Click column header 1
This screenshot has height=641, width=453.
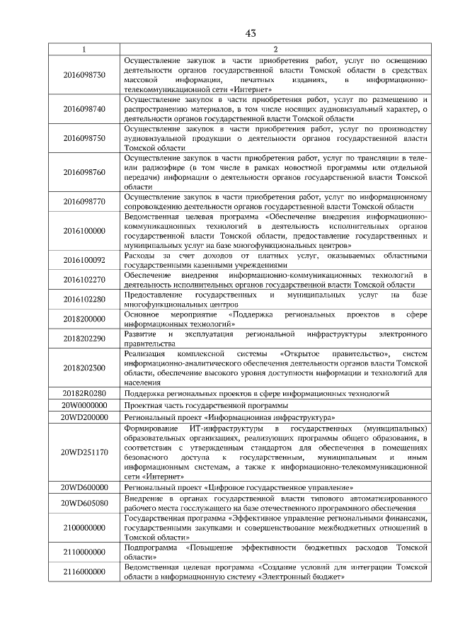[84, 49]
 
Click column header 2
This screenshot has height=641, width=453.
[275, 49]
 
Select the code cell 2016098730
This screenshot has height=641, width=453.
[84, 74]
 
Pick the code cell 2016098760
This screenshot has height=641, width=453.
[84, 172]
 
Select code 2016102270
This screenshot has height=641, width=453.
[84, 279]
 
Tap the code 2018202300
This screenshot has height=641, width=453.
[84, 368]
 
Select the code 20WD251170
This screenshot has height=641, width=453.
[84, 452]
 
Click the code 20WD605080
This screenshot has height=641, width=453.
[84, 503]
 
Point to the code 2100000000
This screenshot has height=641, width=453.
[84, 528]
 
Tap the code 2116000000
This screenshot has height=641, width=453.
[84, 572]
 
